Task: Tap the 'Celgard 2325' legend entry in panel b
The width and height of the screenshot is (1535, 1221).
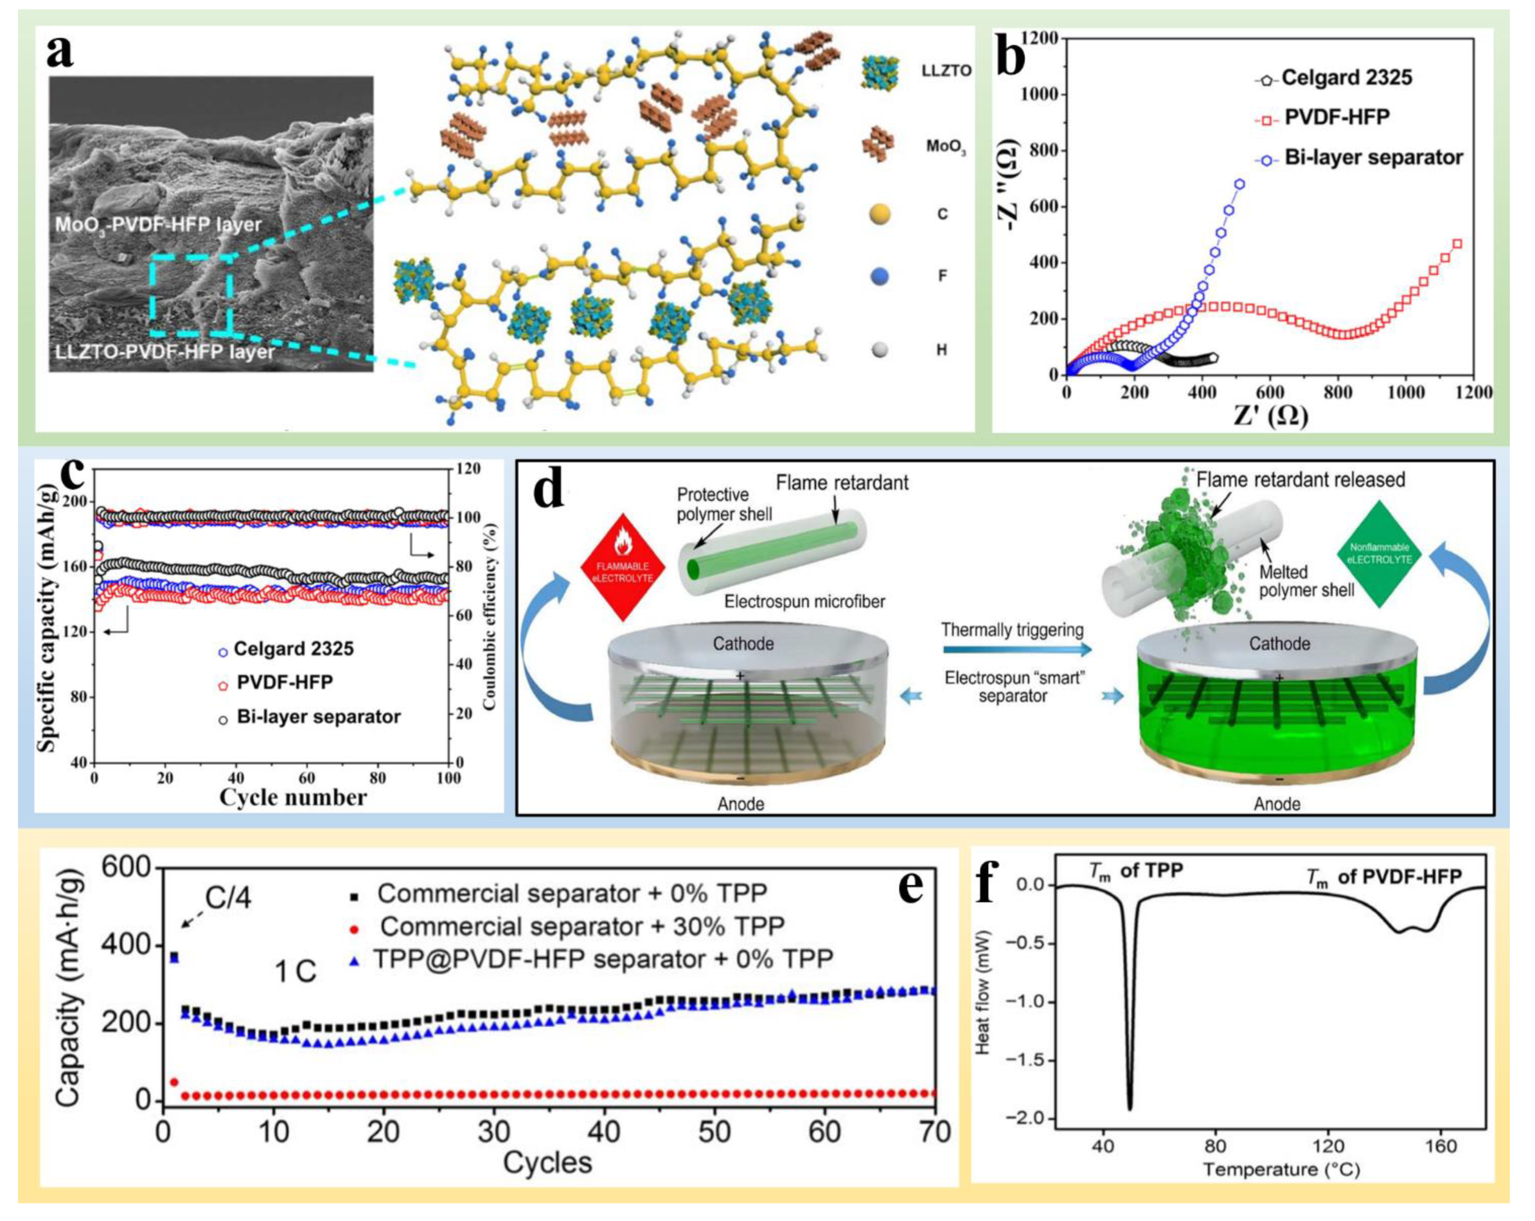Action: click(1345, 78)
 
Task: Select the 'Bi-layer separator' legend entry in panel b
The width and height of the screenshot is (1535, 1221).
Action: click(1373, 157)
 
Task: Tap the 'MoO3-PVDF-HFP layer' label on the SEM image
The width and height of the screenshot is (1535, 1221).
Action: click(158, 225)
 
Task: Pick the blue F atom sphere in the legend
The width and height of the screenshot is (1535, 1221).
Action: click(880, 275)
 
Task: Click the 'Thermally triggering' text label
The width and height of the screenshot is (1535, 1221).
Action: click(1013, 630)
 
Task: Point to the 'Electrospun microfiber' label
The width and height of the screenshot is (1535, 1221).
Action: click(805, 602)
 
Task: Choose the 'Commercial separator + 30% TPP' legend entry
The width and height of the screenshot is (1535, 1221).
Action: click(582, 926)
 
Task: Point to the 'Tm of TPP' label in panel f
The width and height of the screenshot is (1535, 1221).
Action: click(1136, 871)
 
